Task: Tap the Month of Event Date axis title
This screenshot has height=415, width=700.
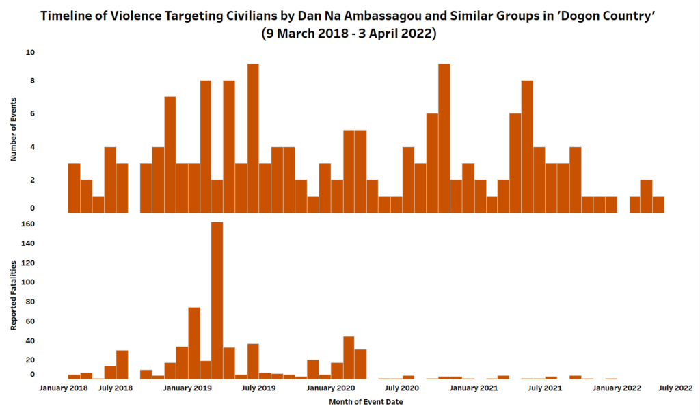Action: (x=366, y=402)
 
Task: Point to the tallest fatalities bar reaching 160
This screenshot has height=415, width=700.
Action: (x=217, y=301)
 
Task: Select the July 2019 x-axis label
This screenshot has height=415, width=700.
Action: (x=258, y=388)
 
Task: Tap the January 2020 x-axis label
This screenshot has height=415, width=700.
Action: (x=330, y=388)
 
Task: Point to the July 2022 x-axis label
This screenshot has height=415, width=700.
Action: (x=675, y=388)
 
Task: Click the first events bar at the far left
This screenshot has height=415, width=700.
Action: (x=75, y=188)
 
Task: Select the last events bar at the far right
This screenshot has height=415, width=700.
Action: (x=658, y=204)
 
